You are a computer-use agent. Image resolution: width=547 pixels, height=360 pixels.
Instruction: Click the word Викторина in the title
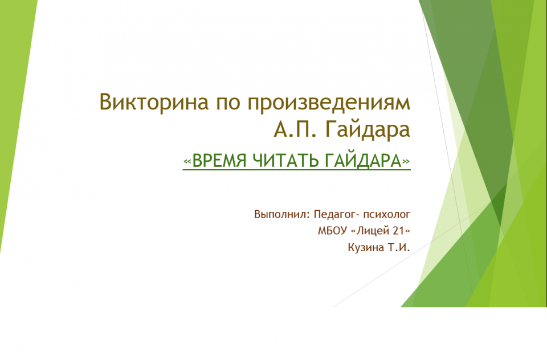pyautogui.click(x=154, y=103)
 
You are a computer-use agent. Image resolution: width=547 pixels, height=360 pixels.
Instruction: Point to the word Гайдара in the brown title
pyautogui.click(x=368, y=130)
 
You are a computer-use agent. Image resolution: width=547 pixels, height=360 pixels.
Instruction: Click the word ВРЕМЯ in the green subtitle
pyautogui.click(x=219, y=161)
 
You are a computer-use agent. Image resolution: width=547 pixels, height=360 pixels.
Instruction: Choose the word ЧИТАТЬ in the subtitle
pyautogui.click(x=285, y=161)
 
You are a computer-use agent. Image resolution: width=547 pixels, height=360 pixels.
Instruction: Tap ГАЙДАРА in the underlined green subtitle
pyautogui.click(x=363, y=161)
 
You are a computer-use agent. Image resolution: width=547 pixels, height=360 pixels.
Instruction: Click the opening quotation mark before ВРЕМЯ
pyautogui.click(x=187, y=162)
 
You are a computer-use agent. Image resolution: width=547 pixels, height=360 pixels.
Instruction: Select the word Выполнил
pyautogui.click(x=282, y=214)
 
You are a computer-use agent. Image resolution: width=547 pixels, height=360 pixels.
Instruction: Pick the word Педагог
pyautogui.click(x=336, y=214)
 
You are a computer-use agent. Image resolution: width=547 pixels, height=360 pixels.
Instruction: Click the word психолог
pyautogui.click(x=387, y=215)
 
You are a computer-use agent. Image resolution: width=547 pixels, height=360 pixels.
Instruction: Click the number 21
pyautogui.click(x=399, y=231)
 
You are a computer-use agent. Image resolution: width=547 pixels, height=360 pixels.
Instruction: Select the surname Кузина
pyautogui.click(x=366, y=248)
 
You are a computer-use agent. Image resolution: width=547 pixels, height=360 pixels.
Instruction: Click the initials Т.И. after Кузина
pyautogui.click(x=399, y=247)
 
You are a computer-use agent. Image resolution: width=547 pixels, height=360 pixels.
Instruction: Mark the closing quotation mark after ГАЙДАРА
pyautogui.click(x=406, y=162)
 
